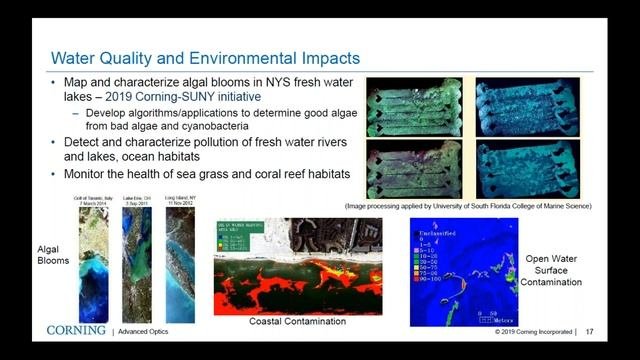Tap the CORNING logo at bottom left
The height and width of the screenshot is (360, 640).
[x=76, y=330]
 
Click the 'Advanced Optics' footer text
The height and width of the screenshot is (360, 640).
[x=143, y=332]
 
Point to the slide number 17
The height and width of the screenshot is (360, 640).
[x=590, y=331]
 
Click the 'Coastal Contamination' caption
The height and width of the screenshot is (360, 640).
[x=298, y=321]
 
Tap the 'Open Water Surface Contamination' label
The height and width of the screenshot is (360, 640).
[x=552, y=270]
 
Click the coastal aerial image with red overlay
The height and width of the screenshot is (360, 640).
[x=297, y=267]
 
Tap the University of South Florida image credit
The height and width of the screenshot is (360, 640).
[x=481, y=205]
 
